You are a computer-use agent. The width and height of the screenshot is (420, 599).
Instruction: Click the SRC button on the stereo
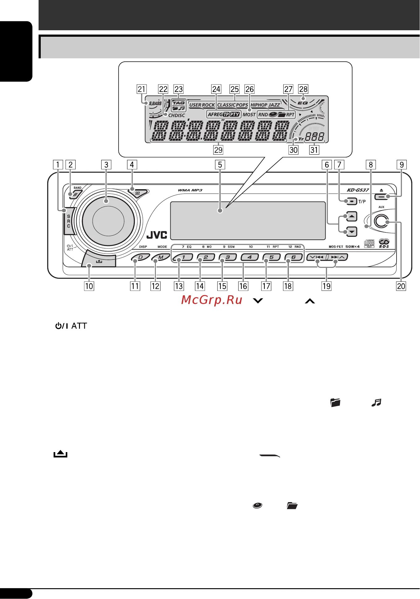[69, 221]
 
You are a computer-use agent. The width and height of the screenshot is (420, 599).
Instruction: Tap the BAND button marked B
[75, 195]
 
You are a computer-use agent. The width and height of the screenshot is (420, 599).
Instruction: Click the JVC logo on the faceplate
[157, 235]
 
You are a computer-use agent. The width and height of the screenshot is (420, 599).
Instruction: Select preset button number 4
[249, 257]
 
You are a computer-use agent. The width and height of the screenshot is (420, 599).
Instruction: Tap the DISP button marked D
[141, 257]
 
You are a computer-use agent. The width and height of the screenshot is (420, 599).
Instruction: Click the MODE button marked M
[161, 257]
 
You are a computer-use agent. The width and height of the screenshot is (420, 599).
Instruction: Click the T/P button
[351, 201]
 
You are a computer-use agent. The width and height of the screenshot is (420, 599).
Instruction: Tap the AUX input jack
[381, 222]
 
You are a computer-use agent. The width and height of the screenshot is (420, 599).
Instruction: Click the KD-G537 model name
[358, 190]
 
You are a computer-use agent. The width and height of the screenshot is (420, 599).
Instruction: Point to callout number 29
[218, 150]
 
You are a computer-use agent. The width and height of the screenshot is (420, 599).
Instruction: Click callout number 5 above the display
[220, 165]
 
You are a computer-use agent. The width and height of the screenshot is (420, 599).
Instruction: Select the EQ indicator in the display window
[303, 103]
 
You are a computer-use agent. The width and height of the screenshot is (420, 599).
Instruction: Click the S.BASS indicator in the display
[155, 103]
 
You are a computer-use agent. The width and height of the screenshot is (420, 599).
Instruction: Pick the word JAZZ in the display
[274, 105]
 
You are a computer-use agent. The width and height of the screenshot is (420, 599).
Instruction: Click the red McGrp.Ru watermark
[212, 300]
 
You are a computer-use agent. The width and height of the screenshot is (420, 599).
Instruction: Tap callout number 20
[401, 286]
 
